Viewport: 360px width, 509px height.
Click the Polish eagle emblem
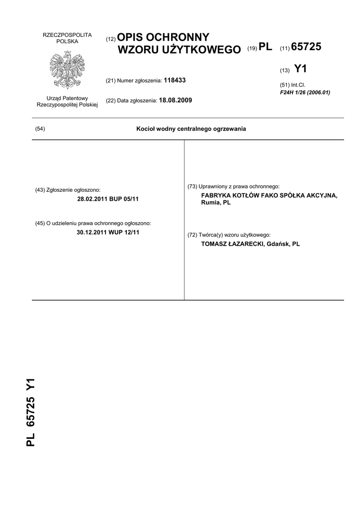click(67, 70)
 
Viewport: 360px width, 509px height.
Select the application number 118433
click(175, 80)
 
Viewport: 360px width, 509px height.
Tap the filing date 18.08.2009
click(175, 100)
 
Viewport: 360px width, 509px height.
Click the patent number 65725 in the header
click(306, 47)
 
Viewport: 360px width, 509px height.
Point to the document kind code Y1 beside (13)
click(301, 69)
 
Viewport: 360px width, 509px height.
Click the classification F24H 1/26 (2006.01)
click(305, 92)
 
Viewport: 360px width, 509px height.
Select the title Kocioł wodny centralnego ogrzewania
click(191, 129)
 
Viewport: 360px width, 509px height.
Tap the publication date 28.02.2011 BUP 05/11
click(108, 199)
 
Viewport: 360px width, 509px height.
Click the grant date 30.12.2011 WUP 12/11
click(108, 232)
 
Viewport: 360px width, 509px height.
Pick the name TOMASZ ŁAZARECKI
click(232, 244)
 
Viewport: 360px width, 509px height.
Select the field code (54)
click(40, 129)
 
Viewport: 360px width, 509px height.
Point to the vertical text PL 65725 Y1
click(31, 412)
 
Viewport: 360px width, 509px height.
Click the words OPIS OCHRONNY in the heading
click(164, 38)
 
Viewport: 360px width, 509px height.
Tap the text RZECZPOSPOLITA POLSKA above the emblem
click(67, 38)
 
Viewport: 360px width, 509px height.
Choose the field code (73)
click(192, 186)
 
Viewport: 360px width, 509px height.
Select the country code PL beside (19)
click(266, 47)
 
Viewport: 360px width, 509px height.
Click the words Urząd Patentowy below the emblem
click(67, 98)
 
